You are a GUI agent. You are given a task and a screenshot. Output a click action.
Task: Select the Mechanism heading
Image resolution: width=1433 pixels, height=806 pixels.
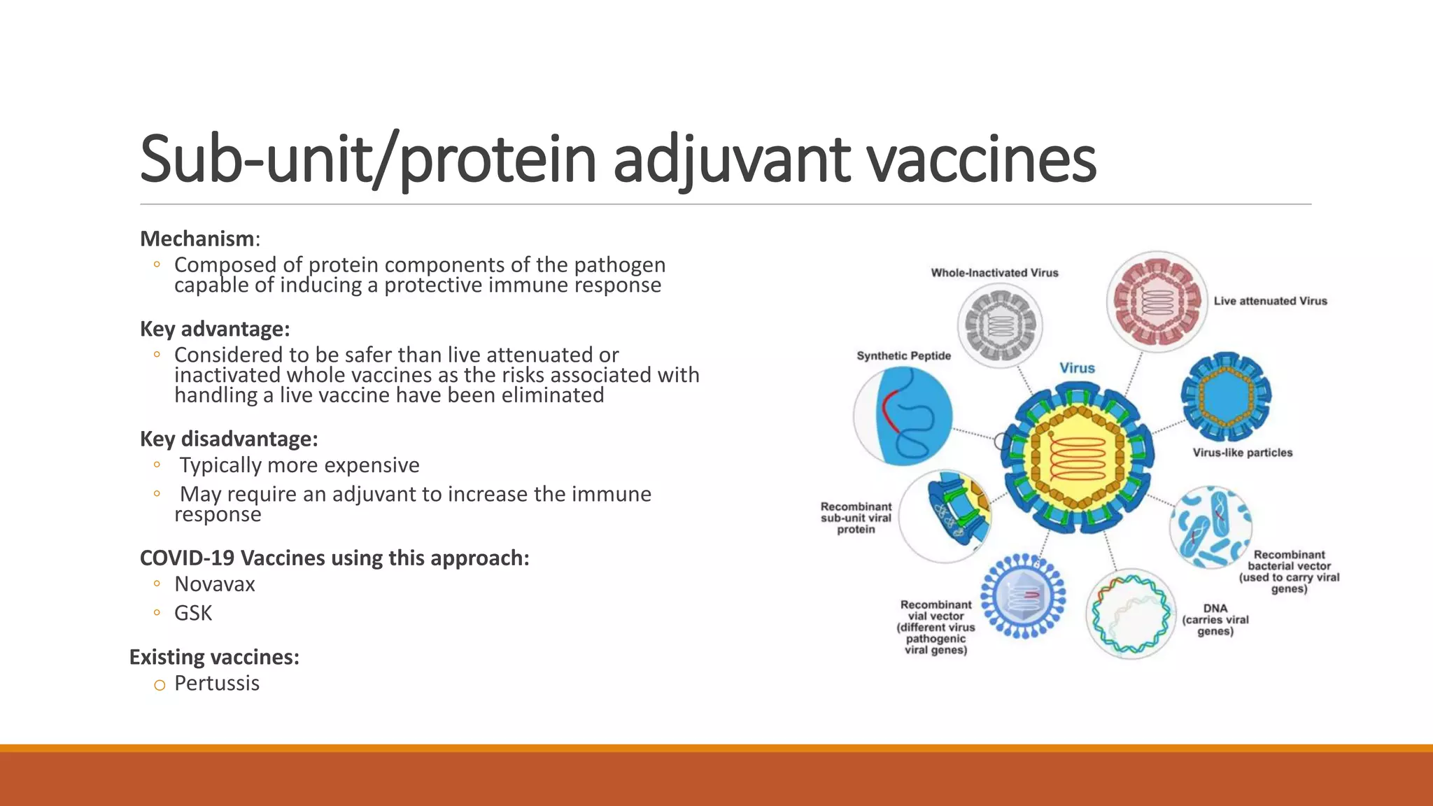pos(197,239)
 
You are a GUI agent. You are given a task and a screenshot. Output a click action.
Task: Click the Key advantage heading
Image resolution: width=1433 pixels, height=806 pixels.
pos(214,329)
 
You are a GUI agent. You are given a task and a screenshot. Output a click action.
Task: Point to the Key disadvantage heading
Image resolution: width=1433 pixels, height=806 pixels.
pos(229,439)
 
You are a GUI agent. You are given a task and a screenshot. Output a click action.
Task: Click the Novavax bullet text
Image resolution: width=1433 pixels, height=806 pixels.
pos(214,584)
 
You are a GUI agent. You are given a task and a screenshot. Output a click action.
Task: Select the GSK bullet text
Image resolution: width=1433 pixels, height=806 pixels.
pos(192,613)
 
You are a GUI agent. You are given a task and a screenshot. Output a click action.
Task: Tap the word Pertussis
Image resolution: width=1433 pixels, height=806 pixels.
pos(216,683)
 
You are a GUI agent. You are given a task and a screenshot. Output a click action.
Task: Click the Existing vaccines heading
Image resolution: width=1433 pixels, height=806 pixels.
pos(214,657)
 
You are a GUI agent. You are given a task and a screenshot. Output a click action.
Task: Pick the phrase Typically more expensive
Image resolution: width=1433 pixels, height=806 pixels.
pos(299,465)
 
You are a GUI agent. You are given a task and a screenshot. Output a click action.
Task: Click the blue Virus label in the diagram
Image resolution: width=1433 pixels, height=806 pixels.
pos(1077,368)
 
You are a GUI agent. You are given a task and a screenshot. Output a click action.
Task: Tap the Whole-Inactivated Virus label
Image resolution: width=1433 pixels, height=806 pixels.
pos(994,273)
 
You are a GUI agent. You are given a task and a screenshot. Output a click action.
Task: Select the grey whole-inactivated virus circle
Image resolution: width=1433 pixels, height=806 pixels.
pos(1000,326)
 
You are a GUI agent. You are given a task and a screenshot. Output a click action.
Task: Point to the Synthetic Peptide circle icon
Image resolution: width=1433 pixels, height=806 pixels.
pos(903,416)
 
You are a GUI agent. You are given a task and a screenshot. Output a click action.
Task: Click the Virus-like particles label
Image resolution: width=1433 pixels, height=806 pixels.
pos(1242,453)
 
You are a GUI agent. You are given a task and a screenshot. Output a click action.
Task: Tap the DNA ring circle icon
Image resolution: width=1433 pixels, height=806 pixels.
pos(1131,614)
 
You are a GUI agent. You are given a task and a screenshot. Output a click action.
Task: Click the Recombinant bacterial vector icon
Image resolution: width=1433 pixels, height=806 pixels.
pos(1210,527)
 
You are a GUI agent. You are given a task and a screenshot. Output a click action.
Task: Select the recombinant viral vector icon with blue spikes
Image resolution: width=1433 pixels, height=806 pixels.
pos(1023,596)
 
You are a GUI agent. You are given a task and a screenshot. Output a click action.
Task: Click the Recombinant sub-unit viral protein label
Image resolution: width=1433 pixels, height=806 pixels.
pos(856,518)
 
